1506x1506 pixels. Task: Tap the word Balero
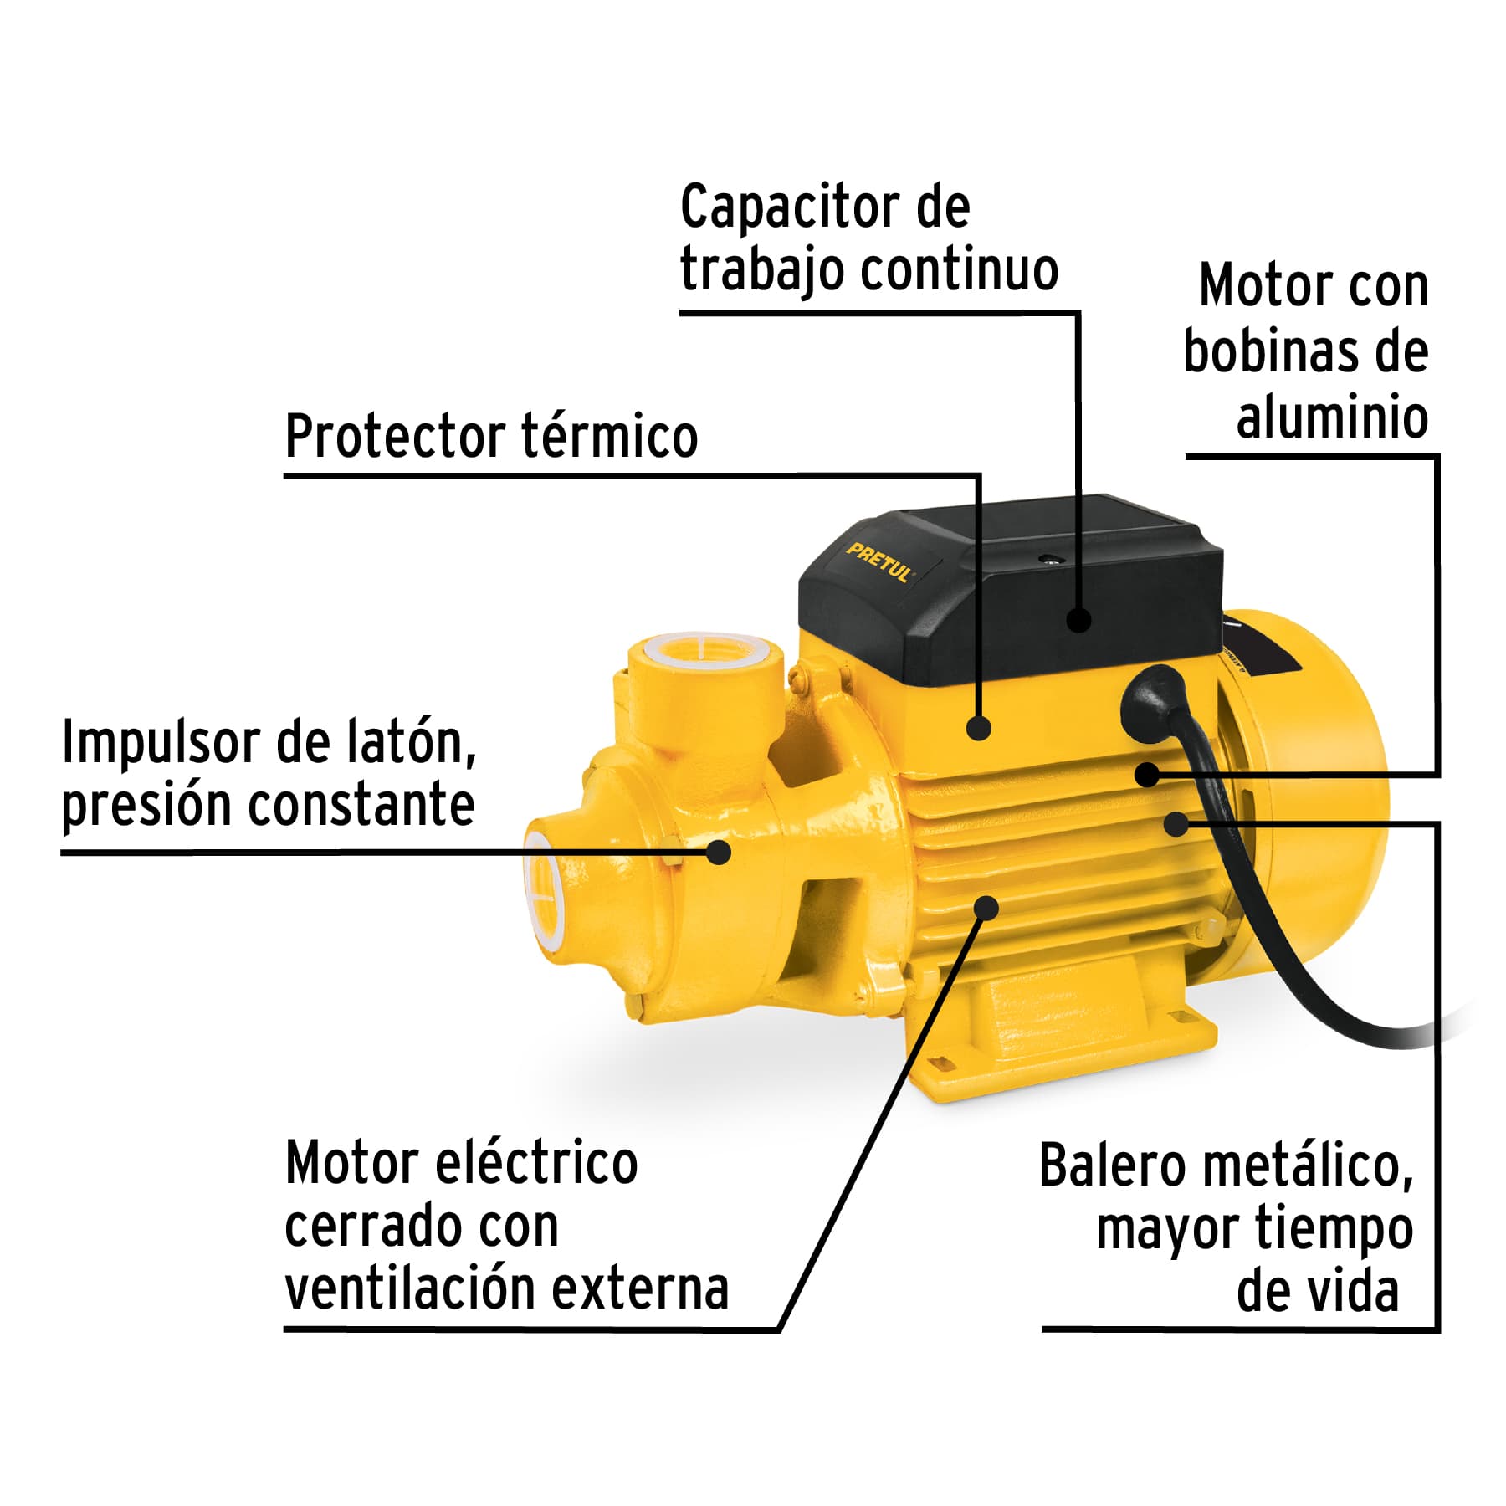pos(1112,1165)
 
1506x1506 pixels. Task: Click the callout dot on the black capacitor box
pos(1079,620)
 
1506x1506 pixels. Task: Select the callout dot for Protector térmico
pos(978,727)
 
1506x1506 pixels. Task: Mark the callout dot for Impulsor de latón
pos(718,852)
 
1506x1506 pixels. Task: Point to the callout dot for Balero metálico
pos(1176,823)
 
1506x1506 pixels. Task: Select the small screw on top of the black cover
pos(1046,558)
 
